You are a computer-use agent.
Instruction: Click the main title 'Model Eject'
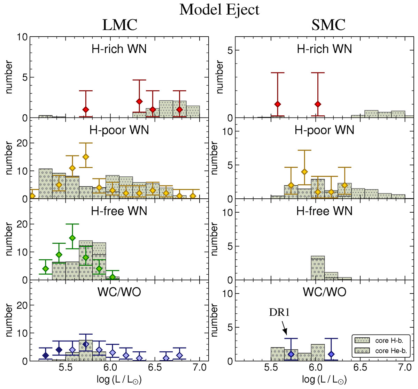[219, 9]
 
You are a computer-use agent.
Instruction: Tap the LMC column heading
[119, 25]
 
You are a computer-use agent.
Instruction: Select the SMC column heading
[328, 25]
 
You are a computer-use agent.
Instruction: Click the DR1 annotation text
[279, 313]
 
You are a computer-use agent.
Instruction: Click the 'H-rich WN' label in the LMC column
[119, 49]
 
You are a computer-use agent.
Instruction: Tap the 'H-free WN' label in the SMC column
[324, 211]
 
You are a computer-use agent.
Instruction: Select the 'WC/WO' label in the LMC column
[119, 292]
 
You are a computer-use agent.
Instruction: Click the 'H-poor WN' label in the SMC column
[324, 130]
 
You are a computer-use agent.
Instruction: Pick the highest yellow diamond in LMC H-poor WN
[86, 157]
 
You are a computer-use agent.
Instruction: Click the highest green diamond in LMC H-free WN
[72, 238]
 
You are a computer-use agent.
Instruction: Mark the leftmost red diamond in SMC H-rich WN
[278, 104]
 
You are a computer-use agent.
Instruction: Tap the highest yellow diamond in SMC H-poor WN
[304, 171]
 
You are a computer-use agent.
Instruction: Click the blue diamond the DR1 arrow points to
[291, 354]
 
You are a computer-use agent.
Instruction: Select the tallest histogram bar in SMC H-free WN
[318, 268]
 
